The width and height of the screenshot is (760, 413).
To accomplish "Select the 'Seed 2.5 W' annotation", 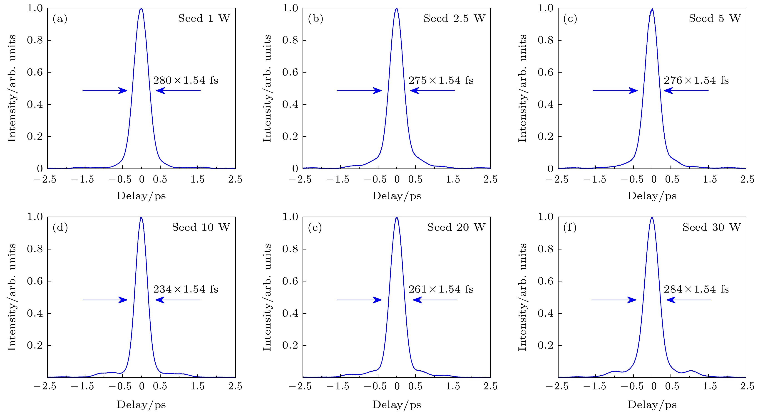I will (x=454, y=18).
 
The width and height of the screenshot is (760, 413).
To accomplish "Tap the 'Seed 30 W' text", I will (x=711, y=227).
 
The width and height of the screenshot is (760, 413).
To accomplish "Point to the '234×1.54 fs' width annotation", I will (x=186, y=289).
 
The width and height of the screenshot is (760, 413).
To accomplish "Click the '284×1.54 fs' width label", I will (x=696, y=289).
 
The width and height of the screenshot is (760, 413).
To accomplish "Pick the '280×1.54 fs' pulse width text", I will (x=186, y=80).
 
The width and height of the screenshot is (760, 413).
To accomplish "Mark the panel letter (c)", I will (x=570, y=19).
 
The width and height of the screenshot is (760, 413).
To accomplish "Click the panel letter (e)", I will (x=315, y=228).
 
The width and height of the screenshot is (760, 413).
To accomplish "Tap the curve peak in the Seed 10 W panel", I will (x=141, y=218).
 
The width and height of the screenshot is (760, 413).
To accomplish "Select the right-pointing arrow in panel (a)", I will (x=105, y=90).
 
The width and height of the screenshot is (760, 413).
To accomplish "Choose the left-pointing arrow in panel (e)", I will (x=435, y=300).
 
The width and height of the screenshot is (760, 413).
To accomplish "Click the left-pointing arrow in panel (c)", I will (x=686, y=90).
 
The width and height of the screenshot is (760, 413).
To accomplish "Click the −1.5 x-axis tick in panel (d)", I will (x=83, y=386).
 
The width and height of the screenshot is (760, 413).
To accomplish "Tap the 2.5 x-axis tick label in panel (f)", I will (x=747, y=386).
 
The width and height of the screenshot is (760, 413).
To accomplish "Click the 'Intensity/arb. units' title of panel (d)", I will (x=12, y=297).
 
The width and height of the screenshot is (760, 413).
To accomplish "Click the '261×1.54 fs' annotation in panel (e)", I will (x=441, y=289).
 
